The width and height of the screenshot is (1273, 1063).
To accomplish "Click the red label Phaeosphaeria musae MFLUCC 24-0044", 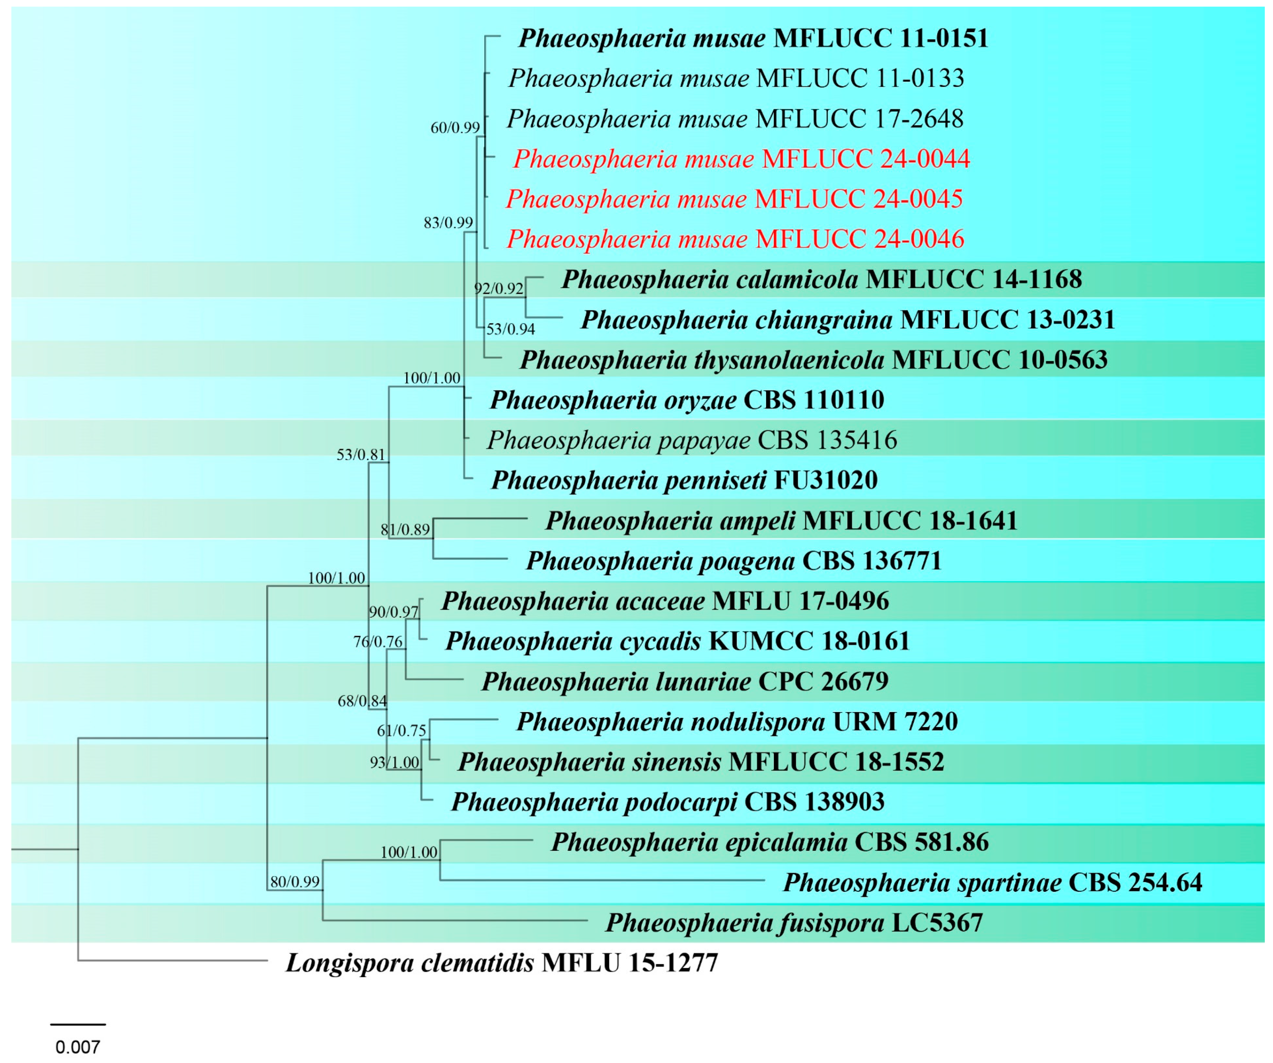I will [x=741, y=159].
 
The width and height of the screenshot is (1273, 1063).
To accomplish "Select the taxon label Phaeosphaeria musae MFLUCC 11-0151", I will [x=753, y=38].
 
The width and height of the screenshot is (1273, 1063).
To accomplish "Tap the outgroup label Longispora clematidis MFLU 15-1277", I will [x=501, y=962].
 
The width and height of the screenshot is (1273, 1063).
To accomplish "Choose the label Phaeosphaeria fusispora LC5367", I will [x=794, y=922].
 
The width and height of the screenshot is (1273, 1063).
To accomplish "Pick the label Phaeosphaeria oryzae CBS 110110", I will [x=687, y=400].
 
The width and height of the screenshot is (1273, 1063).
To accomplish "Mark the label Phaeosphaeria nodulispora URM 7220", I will [x=736, y=721].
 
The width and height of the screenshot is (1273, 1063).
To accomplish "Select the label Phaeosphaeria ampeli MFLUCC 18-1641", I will [x=781, y=520].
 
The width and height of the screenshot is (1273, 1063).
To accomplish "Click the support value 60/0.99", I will [x=455, y=128].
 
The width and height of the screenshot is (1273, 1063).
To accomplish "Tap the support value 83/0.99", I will [x=448, y=223].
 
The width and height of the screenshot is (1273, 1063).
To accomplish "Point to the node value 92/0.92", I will [x=498, y=288].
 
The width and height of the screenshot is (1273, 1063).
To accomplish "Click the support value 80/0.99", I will [x=295, y=882].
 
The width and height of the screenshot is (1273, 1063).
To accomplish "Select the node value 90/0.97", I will [x=393, y=612].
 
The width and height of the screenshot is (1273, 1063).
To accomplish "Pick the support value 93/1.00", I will [x=395, y=762].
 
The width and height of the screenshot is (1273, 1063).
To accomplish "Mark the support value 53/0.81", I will [x=361, y=455].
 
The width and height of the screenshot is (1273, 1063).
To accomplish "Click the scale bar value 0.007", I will [x=78, y=1047].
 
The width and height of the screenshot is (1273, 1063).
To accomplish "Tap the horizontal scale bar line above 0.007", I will [x=78, y=1024].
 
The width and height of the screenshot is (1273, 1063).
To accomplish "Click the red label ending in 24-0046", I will [x=735, y=239].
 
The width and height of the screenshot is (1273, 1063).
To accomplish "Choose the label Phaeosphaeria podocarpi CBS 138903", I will [x=667, y=802].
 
